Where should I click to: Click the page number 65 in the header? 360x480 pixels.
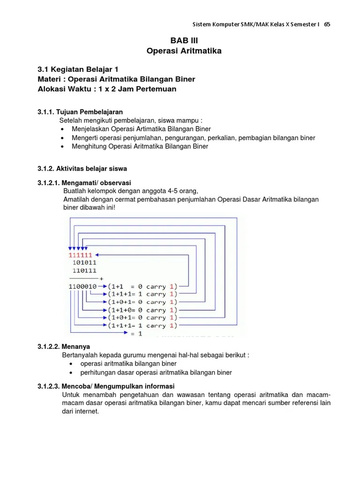pyautogui.click(x=327, y=24)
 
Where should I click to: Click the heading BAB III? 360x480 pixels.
pyautogui.click(x=180, y=41)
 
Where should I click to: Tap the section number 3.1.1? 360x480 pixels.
pyautogui.click(x=46, y=112)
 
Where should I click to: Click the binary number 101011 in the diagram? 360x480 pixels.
pyautogui.click(x=84, y=262)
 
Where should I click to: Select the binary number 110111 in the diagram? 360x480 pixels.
pyautogui.click(x=84, y=270)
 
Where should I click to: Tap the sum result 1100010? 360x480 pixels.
pyautogui.click(x=82, y=286)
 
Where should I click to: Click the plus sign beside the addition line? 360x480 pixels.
pyautogui.click(x=101, y=278)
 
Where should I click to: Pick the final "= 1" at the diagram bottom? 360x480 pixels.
pyautogui.click(x=136, y=333)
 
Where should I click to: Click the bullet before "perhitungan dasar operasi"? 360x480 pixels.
pyautogui.click(x=70, y=373)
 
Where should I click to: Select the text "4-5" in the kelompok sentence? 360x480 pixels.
pyautogui.click(x=164, y=191)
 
